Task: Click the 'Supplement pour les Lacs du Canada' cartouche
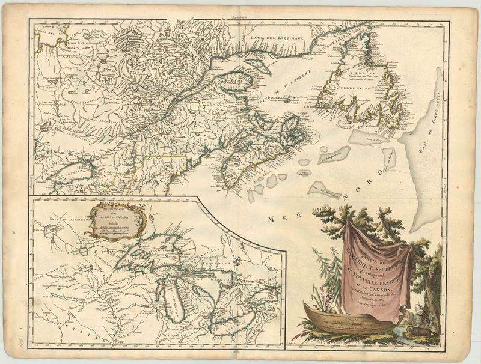[115, 220]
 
